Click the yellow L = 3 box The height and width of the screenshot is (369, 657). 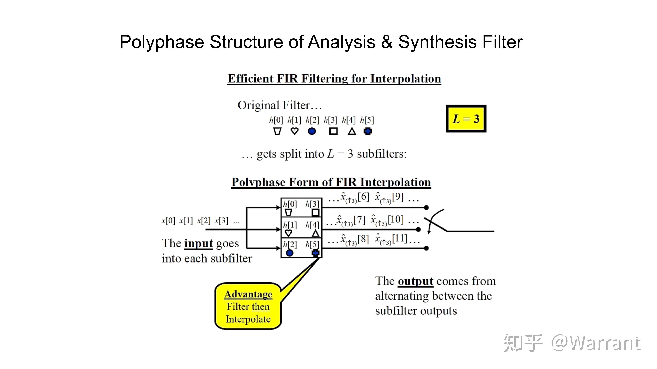(466, 119)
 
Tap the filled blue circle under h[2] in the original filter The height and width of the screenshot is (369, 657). (312, 131)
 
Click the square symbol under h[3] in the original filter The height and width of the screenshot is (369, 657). (333, 131)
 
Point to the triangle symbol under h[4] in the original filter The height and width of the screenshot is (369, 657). (352, 131)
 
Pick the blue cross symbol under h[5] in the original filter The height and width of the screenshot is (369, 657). (368, 131)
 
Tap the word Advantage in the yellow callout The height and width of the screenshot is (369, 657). (248, 294)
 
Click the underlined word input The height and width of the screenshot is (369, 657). (199, 243)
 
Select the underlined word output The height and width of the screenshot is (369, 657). (415, 281)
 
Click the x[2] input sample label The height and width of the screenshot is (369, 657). (203, 220)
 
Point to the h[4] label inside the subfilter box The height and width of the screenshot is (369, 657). (312, 225)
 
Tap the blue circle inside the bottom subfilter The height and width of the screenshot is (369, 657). (289, 253)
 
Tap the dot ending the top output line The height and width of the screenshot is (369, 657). (426, 208)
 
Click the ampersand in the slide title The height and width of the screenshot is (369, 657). (387, 42)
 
